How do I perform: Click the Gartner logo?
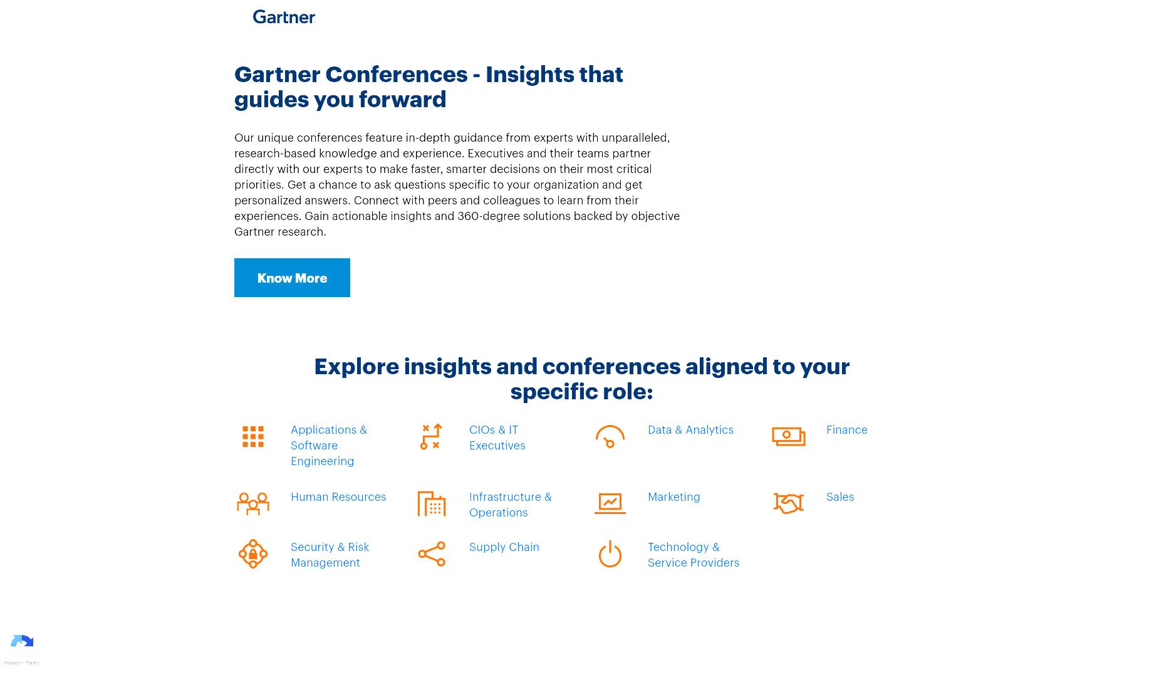(x=284, y=17)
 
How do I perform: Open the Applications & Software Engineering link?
(x=329, y=445)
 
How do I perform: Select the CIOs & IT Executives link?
(x=497, y=438)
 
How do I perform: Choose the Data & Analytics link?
(x=690, y=429)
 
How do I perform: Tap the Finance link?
(x=847, y=429)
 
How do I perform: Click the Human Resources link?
(x=338, y=496)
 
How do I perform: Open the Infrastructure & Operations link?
(x=511, y=505)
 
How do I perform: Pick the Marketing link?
(x=674, y=496)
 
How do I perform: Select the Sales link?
(x=840, y=496)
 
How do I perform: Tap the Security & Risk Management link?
(x=330, y=555)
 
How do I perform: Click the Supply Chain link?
(x=504, y=547)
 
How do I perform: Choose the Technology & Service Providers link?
(x=694, y=555)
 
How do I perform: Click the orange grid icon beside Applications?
(x=253, y=437)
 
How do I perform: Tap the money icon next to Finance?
(x=789, y=436)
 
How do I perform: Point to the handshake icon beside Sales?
(x=789, y=503)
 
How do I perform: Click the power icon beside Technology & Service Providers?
(x=610, y=554)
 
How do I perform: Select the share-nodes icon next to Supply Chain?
(x=432, y=554)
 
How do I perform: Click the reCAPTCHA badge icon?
(x=22, y=644)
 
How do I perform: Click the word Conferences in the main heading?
(x=397, y=75)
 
